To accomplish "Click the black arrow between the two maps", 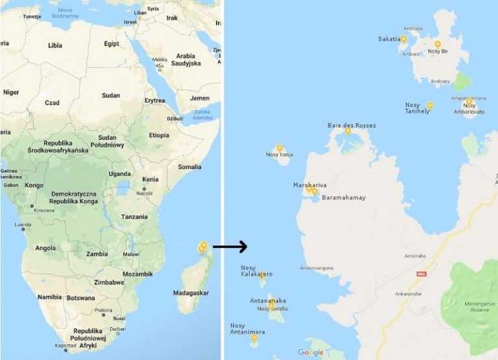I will pyautogui.click(x=230, y=247).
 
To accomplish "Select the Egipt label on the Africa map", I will pyautogui.click(x=111, y=44).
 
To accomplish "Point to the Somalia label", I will pyautogui.click(x=190, y=167).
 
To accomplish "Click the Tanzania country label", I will pyautogui.click(x=134, y=216).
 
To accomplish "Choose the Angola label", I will pyautogui.click(x=46, y=247).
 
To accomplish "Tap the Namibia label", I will pyautogui.click(x=49, y=296).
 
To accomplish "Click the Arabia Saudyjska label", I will pyautogui.click(x=186, y=59).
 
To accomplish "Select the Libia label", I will pyautogui.click(x=55, y=45).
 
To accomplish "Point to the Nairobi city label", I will pyautogui.click(x=145, y=193).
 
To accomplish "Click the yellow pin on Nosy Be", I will pyautogui.click(x=437, y=45).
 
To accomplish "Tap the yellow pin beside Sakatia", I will pyautogui.click(x=404, y=39).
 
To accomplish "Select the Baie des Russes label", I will pyautogui.click(x=351, y=126).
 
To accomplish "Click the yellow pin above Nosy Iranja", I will pyautogui.click(x=280, y=148).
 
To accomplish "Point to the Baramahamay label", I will pyautogui.click(x=344, y=198).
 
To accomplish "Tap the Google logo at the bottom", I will pyautogui.click(x=311, y=352).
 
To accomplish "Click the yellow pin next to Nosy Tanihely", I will pyautogui.click(x=430, y=106).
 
